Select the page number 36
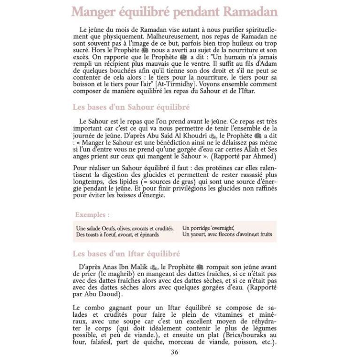point(175,352)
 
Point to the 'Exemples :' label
point(92,214)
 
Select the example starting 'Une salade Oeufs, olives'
point(124,228)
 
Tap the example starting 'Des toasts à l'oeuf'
point(117,234)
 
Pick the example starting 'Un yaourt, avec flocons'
point(227,234)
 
